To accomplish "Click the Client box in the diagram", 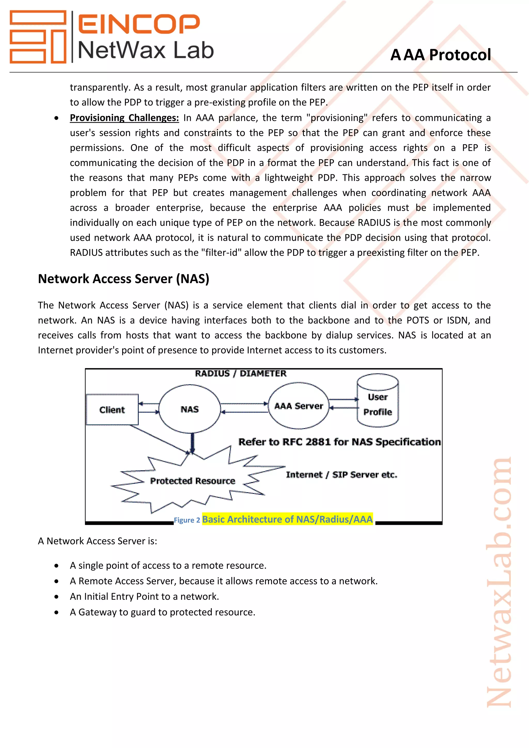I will tap(112, 409).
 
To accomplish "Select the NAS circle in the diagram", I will tap(190, 409).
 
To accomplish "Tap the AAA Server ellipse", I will tap(298, 406).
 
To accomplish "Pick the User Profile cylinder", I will tap(378, 404).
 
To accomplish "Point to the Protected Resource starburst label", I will tap(192, 481).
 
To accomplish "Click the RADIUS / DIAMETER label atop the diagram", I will tap(240, 373).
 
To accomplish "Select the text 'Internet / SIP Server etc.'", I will tap(341, 475).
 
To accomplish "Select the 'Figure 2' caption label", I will tap(187, 520).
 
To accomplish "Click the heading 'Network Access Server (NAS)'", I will tap(123, 279).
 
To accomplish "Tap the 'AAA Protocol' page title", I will tap(440, 55).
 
